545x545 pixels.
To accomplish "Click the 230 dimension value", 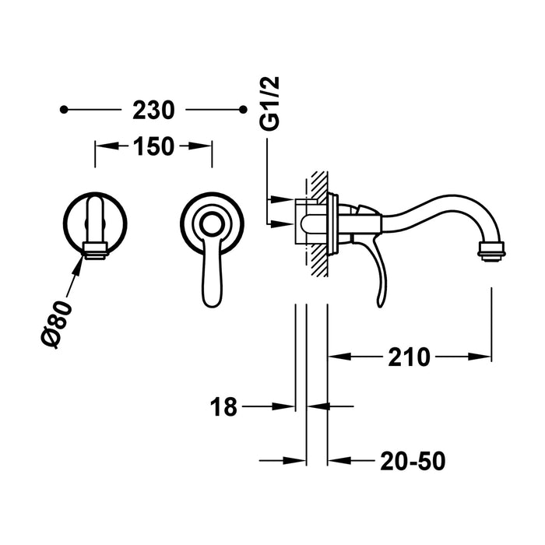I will point(153,111).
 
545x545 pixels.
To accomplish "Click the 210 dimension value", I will point(408,357).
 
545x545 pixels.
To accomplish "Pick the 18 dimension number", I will point(224,406).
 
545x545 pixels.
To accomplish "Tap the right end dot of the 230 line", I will point(238,111).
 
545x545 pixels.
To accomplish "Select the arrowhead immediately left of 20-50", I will point(336,460).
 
